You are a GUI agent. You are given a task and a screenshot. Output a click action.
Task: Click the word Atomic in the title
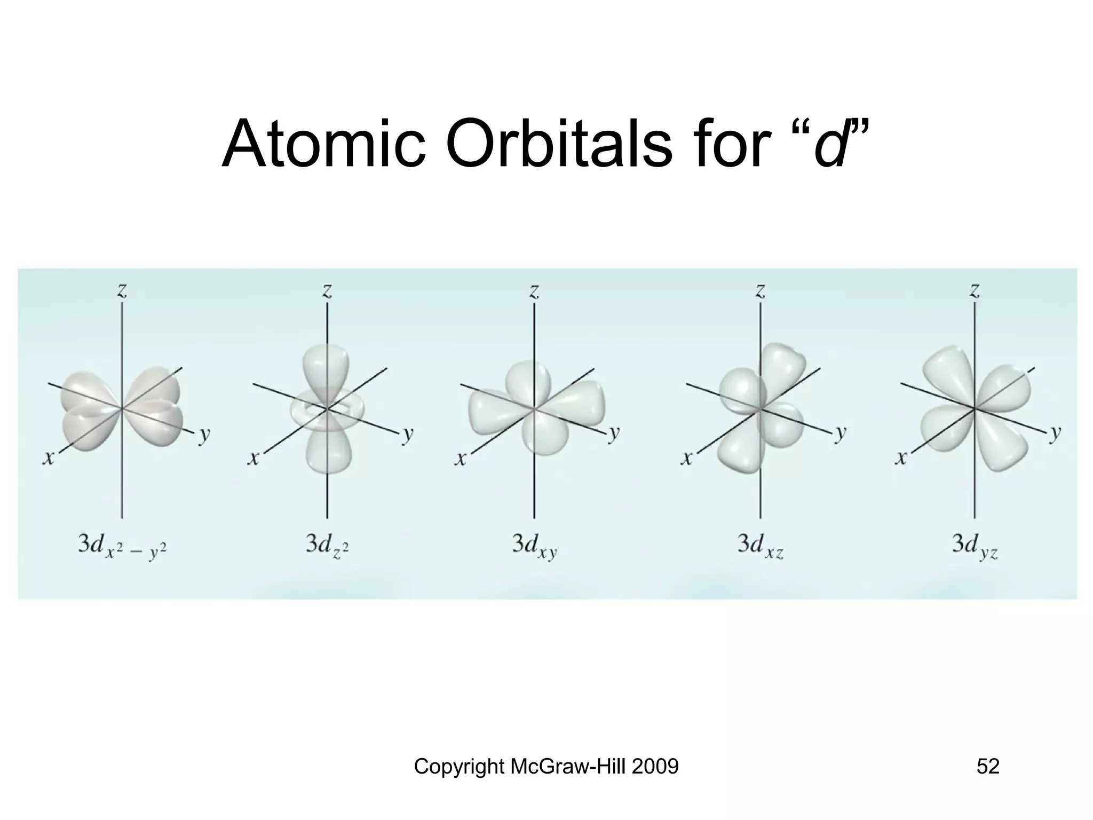pos(323,144)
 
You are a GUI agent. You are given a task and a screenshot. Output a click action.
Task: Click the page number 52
pos(988,767)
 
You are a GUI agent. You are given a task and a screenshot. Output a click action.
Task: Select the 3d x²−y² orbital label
pos(122,546)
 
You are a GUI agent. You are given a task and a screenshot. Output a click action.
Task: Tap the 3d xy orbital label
pos(534,546)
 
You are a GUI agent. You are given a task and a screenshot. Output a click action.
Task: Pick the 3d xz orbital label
pos(760,546)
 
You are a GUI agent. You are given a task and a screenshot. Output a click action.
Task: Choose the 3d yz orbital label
pos(975,546)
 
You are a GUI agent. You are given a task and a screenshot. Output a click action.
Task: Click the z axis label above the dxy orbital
pos(534,290)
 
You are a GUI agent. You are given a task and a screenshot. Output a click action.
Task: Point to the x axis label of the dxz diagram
pos(687,458)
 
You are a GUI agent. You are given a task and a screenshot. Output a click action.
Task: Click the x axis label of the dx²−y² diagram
pos(49,458)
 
